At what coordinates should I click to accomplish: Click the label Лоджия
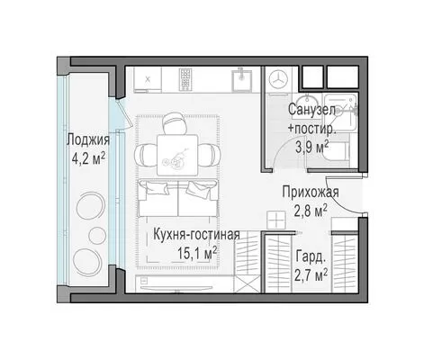(x=88, y=140)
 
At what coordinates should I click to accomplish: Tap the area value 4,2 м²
(x=88, y=158)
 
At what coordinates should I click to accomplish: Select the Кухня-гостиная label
(x=196, y=235)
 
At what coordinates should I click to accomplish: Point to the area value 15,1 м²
(x=197, y=253)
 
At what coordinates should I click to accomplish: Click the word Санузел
(x=311, y=110)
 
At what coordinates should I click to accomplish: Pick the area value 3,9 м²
(x=312, y=147)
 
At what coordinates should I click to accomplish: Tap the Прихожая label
(x=311, y=192)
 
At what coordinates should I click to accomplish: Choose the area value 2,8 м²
(x=311, y=211)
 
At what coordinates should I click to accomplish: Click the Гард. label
(x=311, y=256)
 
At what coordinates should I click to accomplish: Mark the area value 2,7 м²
(x=311, y=275)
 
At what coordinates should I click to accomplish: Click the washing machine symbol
(x=278, y=79)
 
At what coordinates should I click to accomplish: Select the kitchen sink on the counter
(x=241, y=79)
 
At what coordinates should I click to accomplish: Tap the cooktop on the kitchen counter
(x=185, y=79)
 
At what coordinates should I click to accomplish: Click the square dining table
(x=177, y=155)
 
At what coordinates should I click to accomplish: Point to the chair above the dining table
(x=175, y=123)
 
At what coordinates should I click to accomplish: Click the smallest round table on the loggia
(x=97, y=235)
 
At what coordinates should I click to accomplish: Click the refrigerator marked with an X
(x=148, y=79)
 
